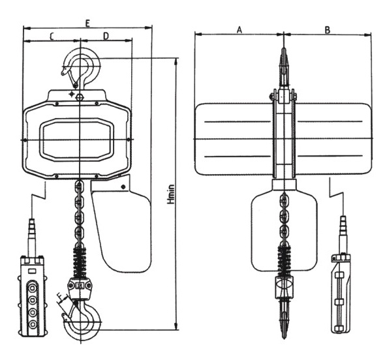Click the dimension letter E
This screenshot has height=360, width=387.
87,23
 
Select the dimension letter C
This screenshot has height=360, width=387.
52,37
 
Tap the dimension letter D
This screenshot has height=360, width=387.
106,37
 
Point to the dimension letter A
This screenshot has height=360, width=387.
240,30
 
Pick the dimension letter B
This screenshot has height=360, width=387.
327,30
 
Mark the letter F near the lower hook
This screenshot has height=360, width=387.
59,296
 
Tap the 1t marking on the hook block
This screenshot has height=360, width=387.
80,286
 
